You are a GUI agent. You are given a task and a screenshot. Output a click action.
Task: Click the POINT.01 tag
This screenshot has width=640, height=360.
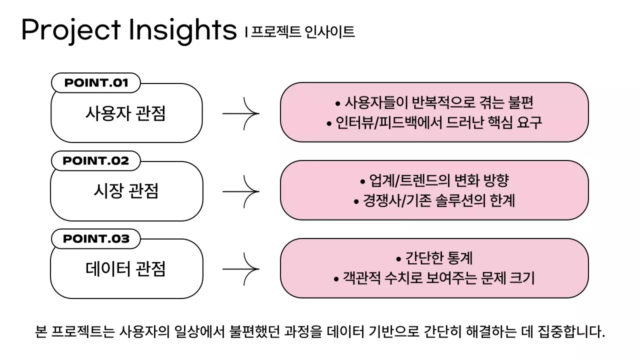96,83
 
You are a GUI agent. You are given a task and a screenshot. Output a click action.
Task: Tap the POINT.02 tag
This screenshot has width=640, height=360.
96,161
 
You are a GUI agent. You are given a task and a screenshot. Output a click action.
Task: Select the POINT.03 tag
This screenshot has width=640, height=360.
96,239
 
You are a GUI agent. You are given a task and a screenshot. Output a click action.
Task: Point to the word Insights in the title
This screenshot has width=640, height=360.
182,30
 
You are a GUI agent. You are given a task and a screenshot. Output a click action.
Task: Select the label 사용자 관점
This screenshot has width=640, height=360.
125,113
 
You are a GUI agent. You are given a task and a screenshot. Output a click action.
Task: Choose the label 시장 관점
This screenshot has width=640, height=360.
125,191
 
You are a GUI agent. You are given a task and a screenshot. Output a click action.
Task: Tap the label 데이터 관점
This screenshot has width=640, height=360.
125,269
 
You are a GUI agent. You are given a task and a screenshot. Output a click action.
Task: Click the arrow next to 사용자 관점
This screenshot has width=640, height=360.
241,113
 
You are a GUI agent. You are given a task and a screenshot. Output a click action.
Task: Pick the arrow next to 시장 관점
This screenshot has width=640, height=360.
241,191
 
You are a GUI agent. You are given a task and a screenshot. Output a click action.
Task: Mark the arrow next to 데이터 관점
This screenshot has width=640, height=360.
241,269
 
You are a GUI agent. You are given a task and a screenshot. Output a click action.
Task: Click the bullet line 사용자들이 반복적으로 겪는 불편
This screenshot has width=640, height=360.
434,103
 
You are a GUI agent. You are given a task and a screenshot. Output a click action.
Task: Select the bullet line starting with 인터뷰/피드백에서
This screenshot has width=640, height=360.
434,123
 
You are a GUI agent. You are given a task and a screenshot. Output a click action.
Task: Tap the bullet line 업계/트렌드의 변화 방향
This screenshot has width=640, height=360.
434,180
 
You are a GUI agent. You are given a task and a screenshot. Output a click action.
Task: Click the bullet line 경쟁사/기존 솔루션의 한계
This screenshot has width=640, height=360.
434,201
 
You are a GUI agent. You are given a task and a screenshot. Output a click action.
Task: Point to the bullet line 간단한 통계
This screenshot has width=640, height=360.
434,258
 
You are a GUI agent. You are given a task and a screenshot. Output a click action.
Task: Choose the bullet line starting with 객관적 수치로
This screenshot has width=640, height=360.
434,278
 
